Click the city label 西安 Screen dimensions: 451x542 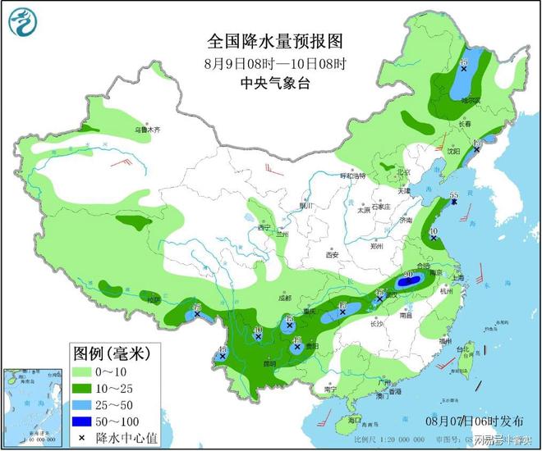[331, 255]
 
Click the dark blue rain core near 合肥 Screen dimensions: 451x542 [411, 281]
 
